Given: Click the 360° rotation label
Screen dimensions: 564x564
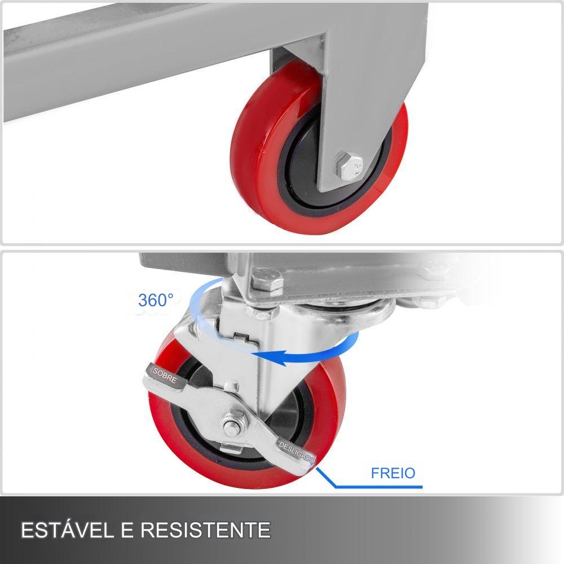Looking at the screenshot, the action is point(156,299).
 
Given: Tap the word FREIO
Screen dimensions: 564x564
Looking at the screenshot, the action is point(393,473).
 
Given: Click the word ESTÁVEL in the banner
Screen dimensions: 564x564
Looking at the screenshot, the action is point(67,530).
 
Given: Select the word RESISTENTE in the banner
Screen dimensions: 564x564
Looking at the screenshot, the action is point(205,530).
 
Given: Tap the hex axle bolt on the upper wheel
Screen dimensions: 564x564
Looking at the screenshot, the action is point(348,166).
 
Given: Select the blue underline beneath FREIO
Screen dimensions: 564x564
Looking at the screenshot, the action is point(379,487).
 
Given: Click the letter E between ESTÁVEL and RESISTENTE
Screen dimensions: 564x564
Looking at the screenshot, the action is point(126,530).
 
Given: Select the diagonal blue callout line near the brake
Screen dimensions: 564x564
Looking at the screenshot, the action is point(325,477).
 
